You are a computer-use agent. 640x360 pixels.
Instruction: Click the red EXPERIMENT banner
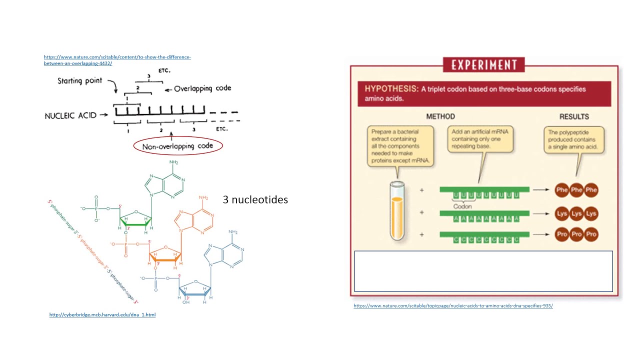483,65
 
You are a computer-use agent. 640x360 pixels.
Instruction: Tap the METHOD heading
440,116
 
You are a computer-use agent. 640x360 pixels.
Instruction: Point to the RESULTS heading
574,116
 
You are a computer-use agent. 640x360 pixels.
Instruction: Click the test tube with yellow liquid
396,210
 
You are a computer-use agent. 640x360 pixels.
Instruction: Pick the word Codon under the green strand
462,206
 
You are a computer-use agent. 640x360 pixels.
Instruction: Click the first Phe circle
561,190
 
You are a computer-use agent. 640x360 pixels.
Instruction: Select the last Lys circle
591,213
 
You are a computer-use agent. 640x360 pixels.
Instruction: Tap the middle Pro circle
576,234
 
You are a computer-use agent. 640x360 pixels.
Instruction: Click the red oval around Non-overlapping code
178,146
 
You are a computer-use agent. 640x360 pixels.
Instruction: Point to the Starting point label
79,80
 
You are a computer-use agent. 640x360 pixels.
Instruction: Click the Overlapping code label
202,88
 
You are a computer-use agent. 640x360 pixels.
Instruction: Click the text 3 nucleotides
255,199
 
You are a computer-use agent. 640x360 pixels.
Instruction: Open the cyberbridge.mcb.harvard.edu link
102,314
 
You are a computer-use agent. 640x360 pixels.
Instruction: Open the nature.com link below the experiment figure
453,305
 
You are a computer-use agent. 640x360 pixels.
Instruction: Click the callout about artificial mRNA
480,138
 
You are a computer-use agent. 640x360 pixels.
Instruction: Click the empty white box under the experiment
483,271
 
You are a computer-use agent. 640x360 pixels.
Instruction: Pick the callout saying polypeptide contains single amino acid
573,140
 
